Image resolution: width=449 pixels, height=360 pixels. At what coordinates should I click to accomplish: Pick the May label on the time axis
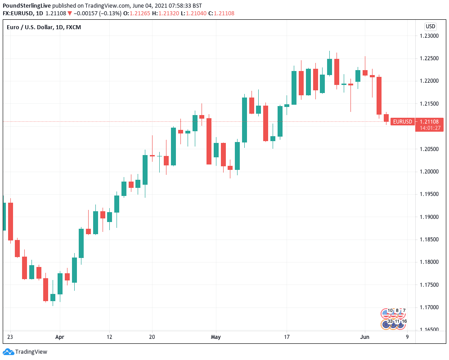coord(216,336)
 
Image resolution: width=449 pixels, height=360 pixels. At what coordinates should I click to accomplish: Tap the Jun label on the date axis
coord(365,336)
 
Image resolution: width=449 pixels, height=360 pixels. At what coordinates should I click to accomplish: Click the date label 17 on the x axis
coord(287,336)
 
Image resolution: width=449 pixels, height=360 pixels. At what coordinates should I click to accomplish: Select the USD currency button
coord(431,26)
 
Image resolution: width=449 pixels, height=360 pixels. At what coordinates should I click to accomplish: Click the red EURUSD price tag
coord(402,121)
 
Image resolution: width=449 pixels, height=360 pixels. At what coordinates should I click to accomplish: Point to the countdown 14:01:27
coord(430,128)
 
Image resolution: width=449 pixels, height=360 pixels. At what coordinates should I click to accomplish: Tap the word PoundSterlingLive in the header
coord(29,5)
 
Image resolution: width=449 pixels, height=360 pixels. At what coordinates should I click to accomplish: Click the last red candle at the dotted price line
coord(386,118)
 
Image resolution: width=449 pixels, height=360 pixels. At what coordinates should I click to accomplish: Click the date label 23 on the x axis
coord(10,336)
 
